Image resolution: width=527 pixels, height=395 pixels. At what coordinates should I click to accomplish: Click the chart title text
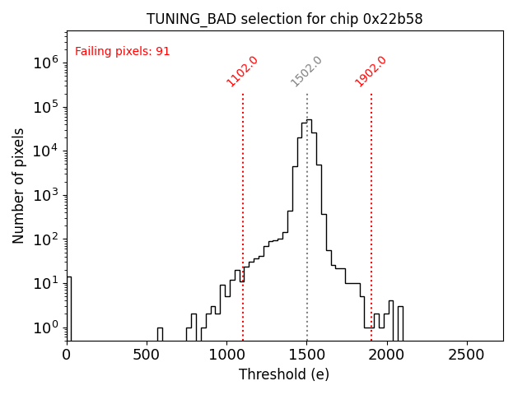284,19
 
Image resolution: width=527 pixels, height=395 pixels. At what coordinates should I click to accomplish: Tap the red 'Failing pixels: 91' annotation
122,51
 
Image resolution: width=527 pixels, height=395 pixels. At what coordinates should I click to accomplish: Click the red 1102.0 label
242,72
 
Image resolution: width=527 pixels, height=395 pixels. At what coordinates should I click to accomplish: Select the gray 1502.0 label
306,72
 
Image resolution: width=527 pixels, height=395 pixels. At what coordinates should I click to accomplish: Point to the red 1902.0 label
371,72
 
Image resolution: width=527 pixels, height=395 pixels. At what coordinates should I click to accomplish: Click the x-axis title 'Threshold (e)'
284,374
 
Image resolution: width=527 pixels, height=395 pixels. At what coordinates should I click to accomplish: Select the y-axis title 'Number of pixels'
19,185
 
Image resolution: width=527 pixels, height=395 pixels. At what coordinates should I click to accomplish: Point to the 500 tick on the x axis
147,355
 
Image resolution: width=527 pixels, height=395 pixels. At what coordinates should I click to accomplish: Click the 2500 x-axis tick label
468,355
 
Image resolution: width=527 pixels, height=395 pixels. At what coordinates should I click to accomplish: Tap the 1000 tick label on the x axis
227,355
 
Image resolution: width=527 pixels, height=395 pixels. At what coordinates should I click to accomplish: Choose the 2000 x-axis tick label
387,355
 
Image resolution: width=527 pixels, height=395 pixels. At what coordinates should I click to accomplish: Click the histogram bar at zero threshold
69,309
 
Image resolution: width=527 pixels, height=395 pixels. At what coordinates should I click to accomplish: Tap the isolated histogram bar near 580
160,334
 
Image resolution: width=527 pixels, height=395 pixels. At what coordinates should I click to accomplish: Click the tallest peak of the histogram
309,120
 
